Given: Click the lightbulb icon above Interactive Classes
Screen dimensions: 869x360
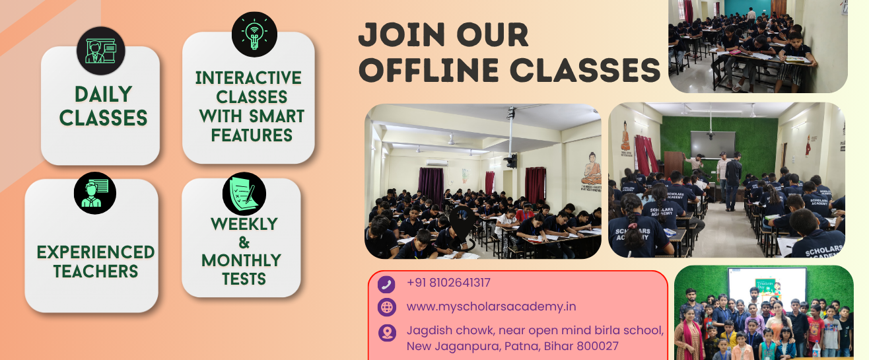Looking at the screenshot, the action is pyautogui.click(x=254, y=34).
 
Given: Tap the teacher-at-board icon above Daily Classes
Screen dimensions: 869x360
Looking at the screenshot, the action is pyautogui.click(x=101, y=51).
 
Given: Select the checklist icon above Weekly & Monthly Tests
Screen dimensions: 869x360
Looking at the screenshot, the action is pyautogui.click(x=244, y=194).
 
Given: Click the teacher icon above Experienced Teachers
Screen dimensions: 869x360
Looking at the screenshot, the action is pyautogui.click(x=95, y=193).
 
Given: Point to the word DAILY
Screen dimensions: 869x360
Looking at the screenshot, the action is pyautogui.click(x=104, y=94).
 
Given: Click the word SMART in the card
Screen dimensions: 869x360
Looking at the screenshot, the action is pyautogui.click(x=277, y=116).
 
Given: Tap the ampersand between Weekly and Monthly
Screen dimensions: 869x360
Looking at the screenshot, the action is pyautogui.click(x=244, y=242).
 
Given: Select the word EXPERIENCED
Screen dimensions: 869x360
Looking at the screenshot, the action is pyautogui.click(x=96, y=252).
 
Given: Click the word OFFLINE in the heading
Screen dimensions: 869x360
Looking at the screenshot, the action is pyautogui.click(x=429, y=70).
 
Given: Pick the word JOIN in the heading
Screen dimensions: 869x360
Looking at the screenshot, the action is pyautogui.click(x=401, y=34).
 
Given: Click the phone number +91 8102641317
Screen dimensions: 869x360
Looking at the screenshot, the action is pyautogui.click(x=448, y=283).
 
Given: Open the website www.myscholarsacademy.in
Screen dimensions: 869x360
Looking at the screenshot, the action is pyautogui.click(x=491, y=306).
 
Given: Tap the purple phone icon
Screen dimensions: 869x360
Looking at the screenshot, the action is pyautogui.click(x=386, y=284).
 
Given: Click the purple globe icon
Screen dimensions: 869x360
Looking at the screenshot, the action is pyautogui.click(x=387, y=307).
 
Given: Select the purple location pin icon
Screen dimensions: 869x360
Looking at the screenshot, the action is pyautogui.click(x=387, y=333).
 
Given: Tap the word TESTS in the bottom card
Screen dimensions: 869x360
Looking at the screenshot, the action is pyautogui.click(x=244, y=279).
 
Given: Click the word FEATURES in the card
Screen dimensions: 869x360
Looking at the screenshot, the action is pyautogui.click(x=252, y=135).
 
